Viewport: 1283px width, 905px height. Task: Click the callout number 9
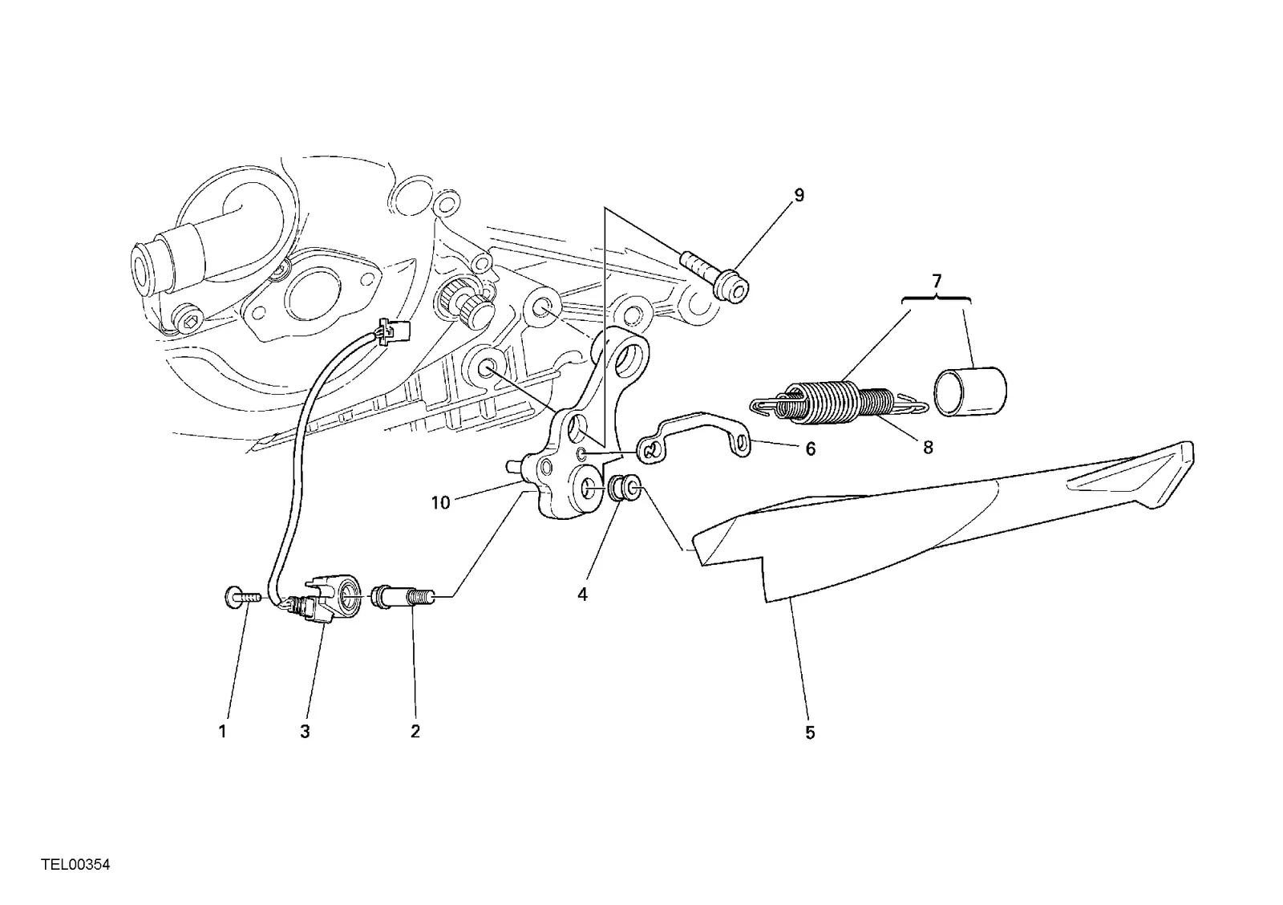pos(799,196)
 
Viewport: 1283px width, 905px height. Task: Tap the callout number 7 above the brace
pos(937,282)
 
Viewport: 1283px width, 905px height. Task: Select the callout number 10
pos(440,503)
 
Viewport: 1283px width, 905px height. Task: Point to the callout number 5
pos(810,733)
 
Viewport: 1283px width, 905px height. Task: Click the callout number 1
pos(223,732)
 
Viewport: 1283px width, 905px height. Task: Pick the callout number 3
pos(305,732)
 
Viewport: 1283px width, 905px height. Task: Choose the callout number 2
pos(415,732)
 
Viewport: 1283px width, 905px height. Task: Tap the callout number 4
pos(582,595)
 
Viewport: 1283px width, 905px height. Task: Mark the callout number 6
pos(811,448)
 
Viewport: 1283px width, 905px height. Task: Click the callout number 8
pos(928,447)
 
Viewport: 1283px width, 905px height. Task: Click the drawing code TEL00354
pos(75,864)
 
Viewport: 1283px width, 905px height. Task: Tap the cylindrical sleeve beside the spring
pos(969,390)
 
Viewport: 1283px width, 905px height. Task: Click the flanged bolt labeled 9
pos(714,276)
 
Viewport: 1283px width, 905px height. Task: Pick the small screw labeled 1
pos(242,597)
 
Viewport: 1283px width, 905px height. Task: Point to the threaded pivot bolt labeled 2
pos(404,597)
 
